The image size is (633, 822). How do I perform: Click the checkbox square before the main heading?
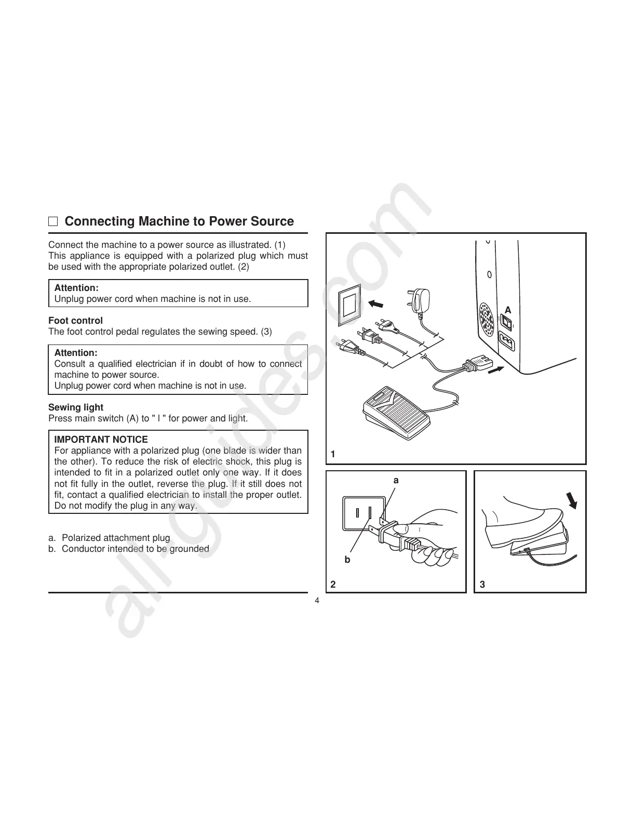click(x=53, y=222)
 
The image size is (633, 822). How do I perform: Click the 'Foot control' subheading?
click(x=75, y=321)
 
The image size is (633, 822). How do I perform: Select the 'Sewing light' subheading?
click(x=76, y=407)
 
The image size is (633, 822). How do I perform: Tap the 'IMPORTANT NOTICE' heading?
click(x=101, y=440)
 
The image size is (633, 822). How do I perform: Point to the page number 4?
click(x=317, y=601)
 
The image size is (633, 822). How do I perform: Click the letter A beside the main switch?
click(x=508, y=310)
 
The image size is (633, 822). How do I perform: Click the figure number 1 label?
click(x=333, y=455)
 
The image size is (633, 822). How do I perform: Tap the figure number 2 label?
click(x=333, y=585)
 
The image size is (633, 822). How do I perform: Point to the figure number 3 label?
click(x=482, y=585)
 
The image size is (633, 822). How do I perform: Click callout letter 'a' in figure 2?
click(x=396, y=481)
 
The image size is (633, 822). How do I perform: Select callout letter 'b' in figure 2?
click(x=347, y=560)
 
